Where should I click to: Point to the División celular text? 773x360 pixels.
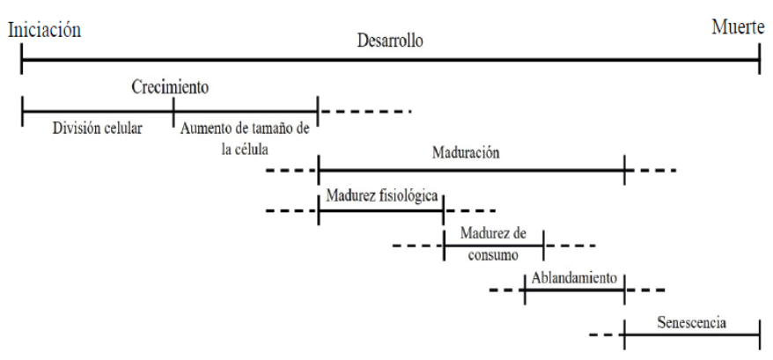click(97, 128)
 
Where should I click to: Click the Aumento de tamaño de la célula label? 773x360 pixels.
click(245, 136)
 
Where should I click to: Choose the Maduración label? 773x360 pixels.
click(466, 151)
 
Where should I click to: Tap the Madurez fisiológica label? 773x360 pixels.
click(382, 195)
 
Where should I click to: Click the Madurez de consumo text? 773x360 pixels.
click(493, 242)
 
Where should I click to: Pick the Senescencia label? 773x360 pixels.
click(691, 321)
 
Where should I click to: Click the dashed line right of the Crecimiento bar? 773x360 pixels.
click(365, 112)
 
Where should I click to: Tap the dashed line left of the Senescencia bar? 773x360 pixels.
click(603, 334)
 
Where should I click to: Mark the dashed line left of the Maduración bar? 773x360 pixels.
click(291, 167)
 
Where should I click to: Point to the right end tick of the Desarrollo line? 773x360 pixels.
click(759, 60)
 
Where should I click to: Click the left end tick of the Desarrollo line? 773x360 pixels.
click(21, 60)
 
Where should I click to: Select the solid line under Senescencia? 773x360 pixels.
click(691, 334)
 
